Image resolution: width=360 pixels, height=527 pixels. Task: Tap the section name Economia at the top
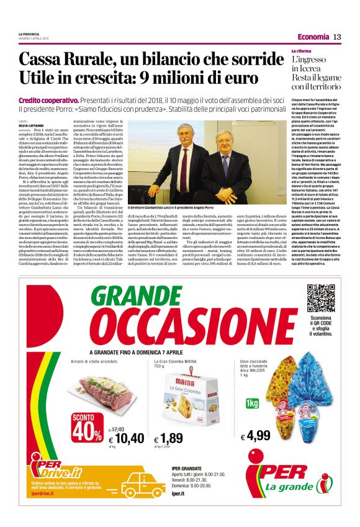313,37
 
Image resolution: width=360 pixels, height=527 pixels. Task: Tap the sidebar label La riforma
302,50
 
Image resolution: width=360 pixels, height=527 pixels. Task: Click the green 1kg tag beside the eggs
251,403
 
